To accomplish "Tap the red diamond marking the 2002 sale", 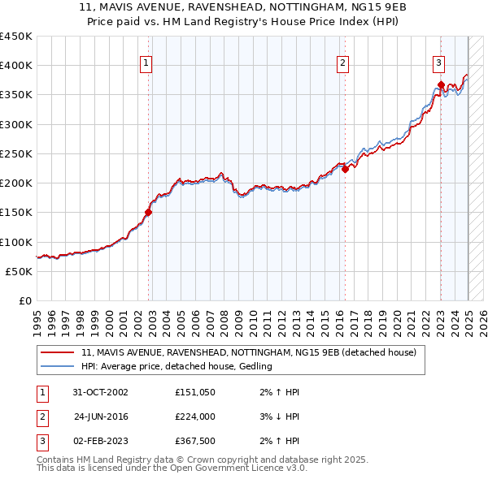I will [149, 213].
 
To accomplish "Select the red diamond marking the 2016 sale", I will [345, 170].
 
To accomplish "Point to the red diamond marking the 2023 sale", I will [441, 84].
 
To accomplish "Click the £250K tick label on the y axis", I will [15, 153].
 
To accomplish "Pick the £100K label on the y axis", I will [15, 242].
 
